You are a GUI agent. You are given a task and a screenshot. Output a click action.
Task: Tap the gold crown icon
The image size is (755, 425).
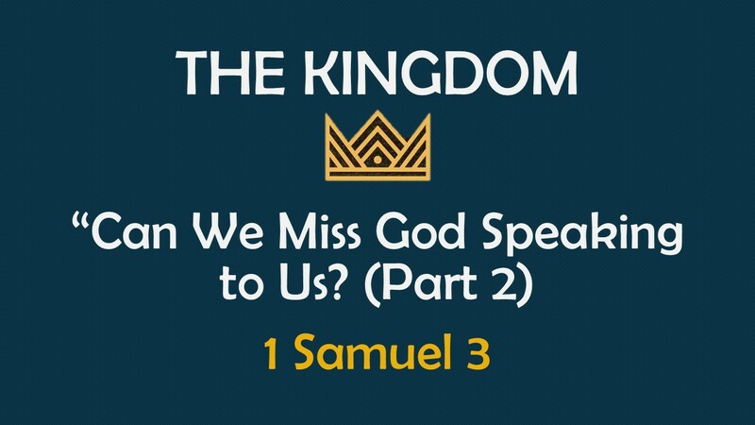point(377,147)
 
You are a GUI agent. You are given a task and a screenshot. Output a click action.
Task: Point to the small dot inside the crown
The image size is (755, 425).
point(377,161)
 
